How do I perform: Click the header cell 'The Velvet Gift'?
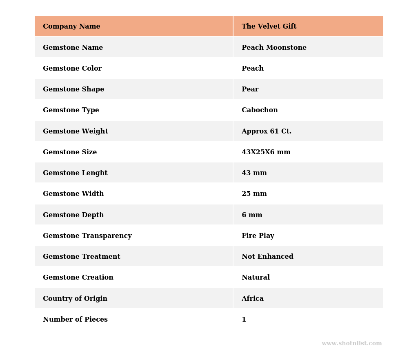(x=269, y=27)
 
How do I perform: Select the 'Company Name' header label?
(x=71, y=27)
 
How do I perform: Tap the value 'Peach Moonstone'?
(x=274, y=48)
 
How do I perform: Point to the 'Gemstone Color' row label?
(x=72, y=69)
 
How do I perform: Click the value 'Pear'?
(x=250, y=89)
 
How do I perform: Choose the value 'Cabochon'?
(x=260, y=110)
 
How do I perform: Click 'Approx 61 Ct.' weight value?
(x=267, y=131)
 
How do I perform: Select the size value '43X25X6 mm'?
(x=266, y=152)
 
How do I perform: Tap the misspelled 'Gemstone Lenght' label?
(x=75, y=173)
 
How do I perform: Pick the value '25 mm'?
(x=254, y=194)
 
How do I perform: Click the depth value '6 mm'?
(x=252, y=215)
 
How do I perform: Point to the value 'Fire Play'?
(x=258, y=236)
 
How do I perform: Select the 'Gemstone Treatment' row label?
(x=82, y=257)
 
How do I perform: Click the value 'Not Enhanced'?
(x=267, y=257)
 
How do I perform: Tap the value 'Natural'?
(x=256, y=278)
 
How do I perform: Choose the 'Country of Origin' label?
(x=75, y=299)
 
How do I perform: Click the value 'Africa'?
(x=253, y=299)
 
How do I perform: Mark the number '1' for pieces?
(x=244, y=320)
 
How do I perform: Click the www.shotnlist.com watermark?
(x=351, y=344)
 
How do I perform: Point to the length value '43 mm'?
(x=254, y=173)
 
